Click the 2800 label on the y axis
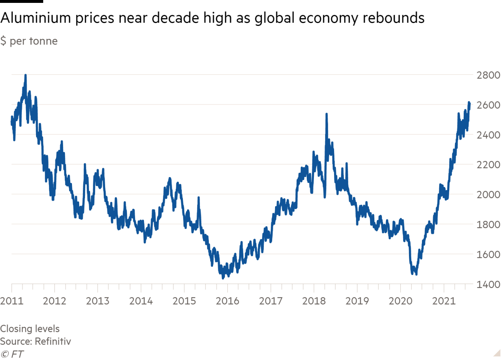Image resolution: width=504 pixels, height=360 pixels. tap(488, 75)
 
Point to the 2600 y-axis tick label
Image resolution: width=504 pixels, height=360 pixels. tap(488, 105)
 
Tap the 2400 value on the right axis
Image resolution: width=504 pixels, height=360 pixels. tap(488, 135)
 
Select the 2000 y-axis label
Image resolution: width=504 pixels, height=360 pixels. tap(488, 195)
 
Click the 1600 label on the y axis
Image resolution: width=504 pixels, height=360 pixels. tap(488, 255)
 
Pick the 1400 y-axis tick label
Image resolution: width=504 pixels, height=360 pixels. tap(488, 284)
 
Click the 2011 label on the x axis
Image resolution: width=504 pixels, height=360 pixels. tap(12, 301)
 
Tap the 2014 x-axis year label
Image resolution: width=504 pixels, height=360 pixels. tap(141, 301)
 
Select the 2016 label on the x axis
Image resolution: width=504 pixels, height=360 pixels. tap(227, 301)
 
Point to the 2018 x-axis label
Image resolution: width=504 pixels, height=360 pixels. tap(314, 301)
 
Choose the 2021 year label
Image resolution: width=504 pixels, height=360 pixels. tap(444, 301)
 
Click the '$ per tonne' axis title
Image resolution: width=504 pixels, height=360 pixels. tap(29, 41)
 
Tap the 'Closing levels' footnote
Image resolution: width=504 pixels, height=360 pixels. tap(30, 329)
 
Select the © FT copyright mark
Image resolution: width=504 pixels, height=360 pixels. tap(12, 354)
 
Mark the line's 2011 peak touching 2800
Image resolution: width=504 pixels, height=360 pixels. tap(26, 75)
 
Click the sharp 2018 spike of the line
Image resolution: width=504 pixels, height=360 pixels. tap(326, 114)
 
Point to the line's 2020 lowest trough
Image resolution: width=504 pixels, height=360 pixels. tap(416, 274)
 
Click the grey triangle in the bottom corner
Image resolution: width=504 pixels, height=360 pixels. tap(497, 352)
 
